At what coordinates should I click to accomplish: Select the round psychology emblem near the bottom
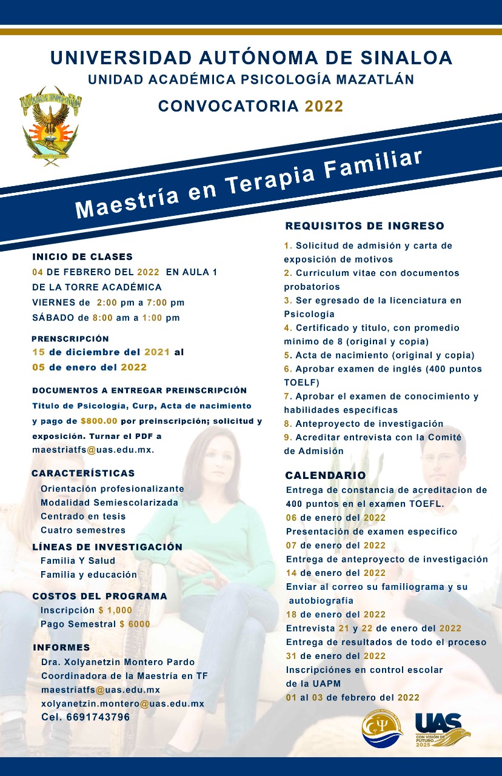pos(382,730)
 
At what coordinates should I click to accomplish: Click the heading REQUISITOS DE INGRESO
pos(364,226)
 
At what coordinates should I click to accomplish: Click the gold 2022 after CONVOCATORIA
pos(324,106)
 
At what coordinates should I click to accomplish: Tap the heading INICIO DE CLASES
pos(82,256)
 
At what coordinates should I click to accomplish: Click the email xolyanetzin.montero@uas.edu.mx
pos(122,704)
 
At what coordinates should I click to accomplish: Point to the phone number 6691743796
pos(85,717)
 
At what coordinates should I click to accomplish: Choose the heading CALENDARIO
pos(326,475)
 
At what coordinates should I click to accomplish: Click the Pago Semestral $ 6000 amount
pos(135,624)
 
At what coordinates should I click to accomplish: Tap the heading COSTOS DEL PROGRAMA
pos(99,596)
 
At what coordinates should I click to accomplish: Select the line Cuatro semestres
pos(83,530)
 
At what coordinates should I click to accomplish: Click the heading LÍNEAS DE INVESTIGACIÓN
pos(107,547)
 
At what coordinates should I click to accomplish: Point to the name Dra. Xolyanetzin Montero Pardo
pos(118,662)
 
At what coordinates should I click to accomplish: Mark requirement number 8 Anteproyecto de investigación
pos(364,424)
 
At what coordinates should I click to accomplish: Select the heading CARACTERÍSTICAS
pos(84,473)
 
